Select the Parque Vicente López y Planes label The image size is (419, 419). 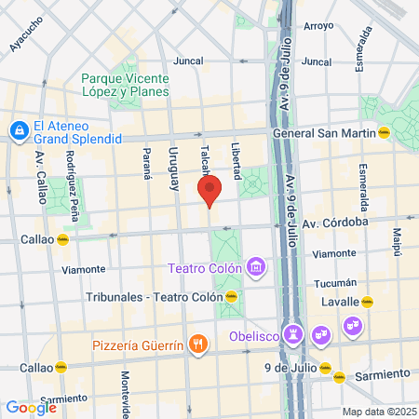point(124,86)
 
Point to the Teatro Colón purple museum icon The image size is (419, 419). point(257,269)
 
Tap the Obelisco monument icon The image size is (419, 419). point(297,333)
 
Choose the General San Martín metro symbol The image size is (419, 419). point(383,133)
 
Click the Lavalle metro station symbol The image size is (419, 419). point(367,302)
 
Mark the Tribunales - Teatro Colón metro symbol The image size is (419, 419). point(231,297)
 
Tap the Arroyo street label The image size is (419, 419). point(318,26)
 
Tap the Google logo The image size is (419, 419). point(31,407)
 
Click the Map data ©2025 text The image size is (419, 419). point(376,412)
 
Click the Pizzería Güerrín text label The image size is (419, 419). point(138,346)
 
